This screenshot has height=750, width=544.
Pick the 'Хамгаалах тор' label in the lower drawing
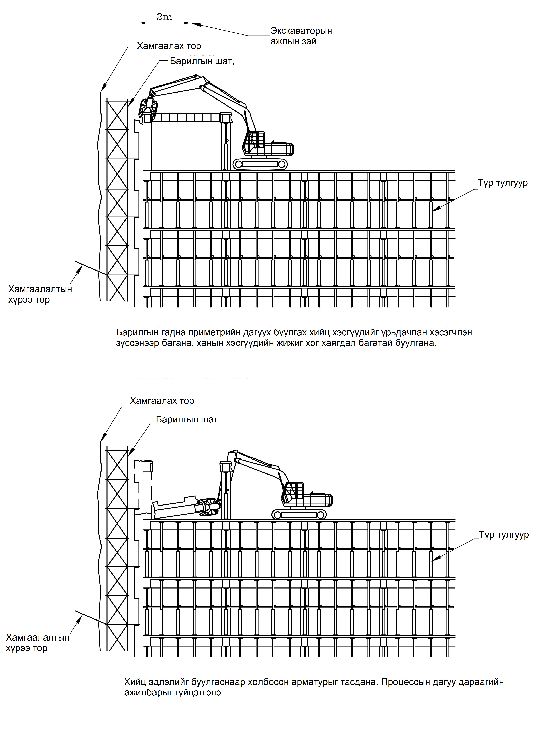click(x=162, y=401)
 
